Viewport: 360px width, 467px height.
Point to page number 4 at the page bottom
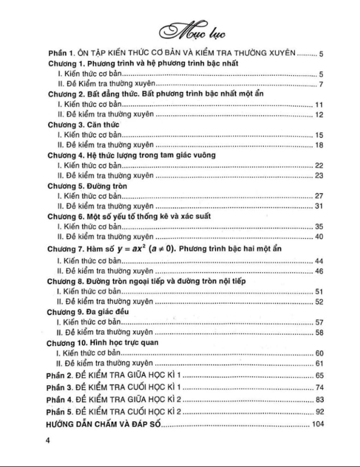[x=49, y=443]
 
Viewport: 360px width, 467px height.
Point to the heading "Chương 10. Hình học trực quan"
[x=102, y=342]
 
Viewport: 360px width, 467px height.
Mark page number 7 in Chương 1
[x=320, y=84]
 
